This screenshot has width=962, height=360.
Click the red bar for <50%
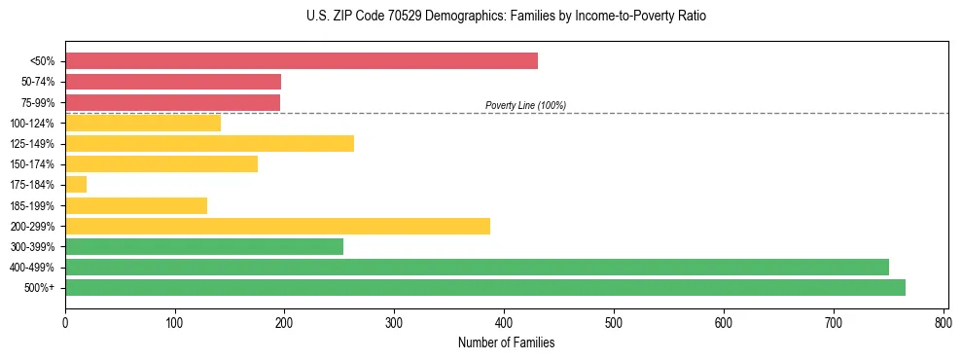[301, 61]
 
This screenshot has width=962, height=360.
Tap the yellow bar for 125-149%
[209, 144]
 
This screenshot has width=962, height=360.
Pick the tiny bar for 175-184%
[76, 185]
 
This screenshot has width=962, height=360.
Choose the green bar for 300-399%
[204, 246]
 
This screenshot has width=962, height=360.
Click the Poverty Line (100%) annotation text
[525, 105]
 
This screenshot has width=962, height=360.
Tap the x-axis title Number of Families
[506, 342]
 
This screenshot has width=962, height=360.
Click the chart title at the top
[506, 17]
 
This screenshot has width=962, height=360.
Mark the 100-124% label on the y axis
[32, 124]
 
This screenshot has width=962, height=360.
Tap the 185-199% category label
[32, 205]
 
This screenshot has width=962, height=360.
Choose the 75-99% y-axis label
[35, 102]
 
